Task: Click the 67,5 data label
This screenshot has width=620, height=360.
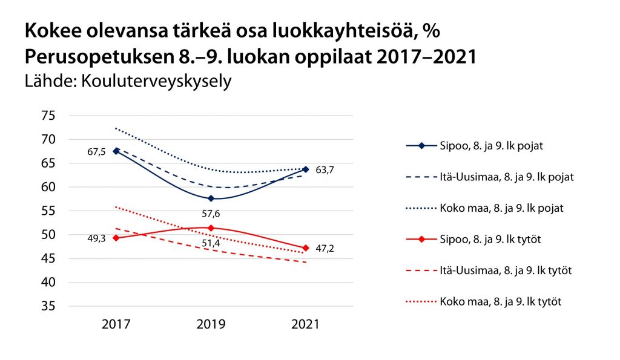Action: [96, 151]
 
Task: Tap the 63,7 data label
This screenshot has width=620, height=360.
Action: [325, 171]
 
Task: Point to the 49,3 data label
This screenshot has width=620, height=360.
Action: [96, 238]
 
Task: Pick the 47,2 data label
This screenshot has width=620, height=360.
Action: [325, 248]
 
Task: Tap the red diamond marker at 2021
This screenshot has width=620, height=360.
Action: [306, 248]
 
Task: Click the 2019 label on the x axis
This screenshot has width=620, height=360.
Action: [211, 325]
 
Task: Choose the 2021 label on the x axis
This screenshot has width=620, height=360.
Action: [306, 325]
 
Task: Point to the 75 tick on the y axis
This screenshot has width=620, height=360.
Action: [48, 116]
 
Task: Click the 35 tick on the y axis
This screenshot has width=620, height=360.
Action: [48, 307]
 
